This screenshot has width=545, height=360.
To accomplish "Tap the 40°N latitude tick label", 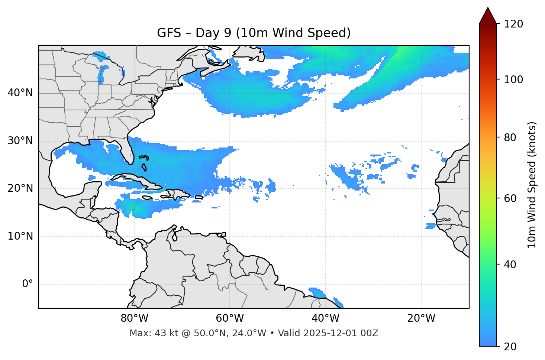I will pos(20,93).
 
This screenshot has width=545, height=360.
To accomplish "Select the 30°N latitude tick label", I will pos(20,141).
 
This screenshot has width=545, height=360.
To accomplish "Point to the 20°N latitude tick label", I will pos(20,188).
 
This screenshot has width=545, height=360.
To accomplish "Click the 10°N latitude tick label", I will pos(20,236).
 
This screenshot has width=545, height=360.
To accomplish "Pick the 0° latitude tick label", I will pos(28,284).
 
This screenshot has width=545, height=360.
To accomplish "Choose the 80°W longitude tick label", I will pos(134,318).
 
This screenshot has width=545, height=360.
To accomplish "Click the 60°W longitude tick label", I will pos(230,318).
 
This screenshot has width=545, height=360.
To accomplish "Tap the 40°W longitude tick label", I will pos(325,318).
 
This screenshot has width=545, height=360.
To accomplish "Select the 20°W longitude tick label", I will pos(421,318).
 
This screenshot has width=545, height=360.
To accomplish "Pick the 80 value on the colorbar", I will pos(512,137).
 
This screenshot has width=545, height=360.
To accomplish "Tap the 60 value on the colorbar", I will pos(512,198).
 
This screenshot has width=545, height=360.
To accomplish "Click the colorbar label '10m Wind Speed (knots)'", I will pos(532,185).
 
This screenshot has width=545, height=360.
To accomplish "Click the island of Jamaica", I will pos(147,198).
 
